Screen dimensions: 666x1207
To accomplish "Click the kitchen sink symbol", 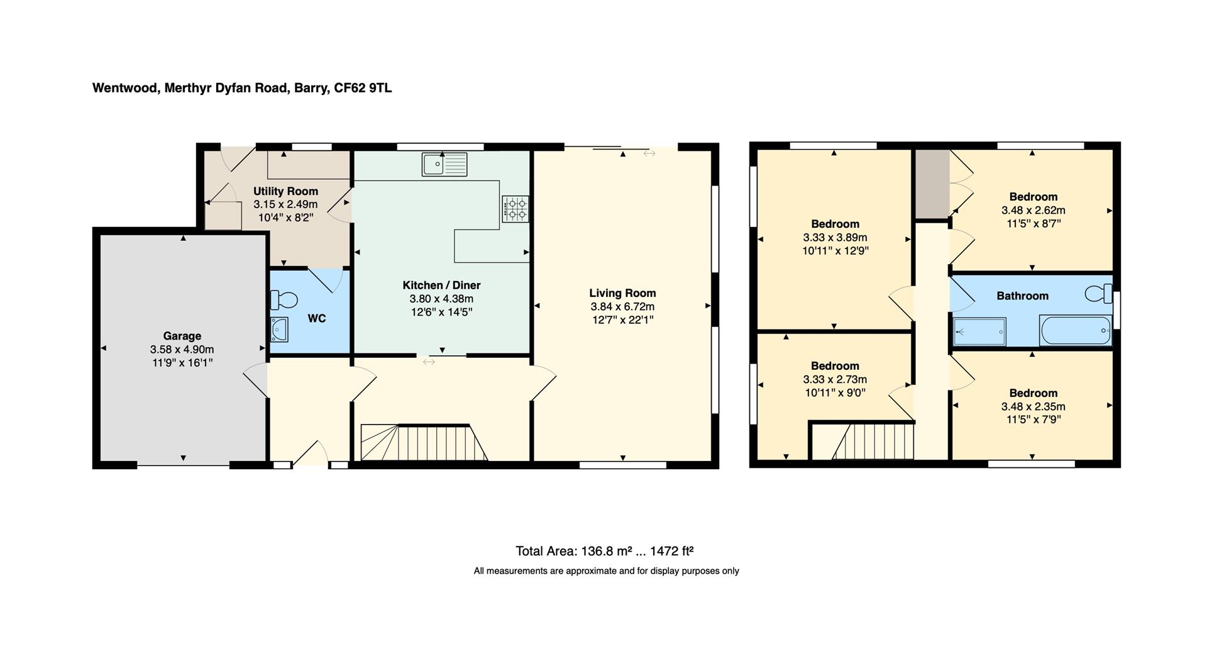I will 444,164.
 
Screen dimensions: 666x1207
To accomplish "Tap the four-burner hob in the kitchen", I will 515,209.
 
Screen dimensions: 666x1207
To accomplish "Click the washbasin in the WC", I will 279,329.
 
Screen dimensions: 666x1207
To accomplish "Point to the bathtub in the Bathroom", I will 1076,330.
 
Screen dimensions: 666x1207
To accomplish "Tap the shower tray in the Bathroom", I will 979,331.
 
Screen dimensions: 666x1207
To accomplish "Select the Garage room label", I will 182,336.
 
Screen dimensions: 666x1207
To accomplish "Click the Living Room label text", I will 622,293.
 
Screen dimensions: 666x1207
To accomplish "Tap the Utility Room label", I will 285,191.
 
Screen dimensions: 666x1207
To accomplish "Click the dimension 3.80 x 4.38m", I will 441,299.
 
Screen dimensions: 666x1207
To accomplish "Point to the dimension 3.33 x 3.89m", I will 835,238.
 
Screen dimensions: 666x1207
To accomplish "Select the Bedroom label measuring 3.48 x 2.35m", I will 1033,393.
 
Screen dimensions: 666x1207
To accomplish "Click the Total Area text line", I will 604,552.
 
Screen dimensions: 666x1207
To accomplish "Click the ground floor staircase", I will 424,443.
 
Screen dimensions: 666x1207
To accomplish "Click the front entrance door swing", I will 311,453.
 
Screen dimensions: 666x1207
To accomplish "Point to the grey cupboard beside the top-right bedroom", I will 931,184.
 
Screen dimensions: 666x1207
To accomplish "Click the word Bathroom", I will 1022,296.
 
